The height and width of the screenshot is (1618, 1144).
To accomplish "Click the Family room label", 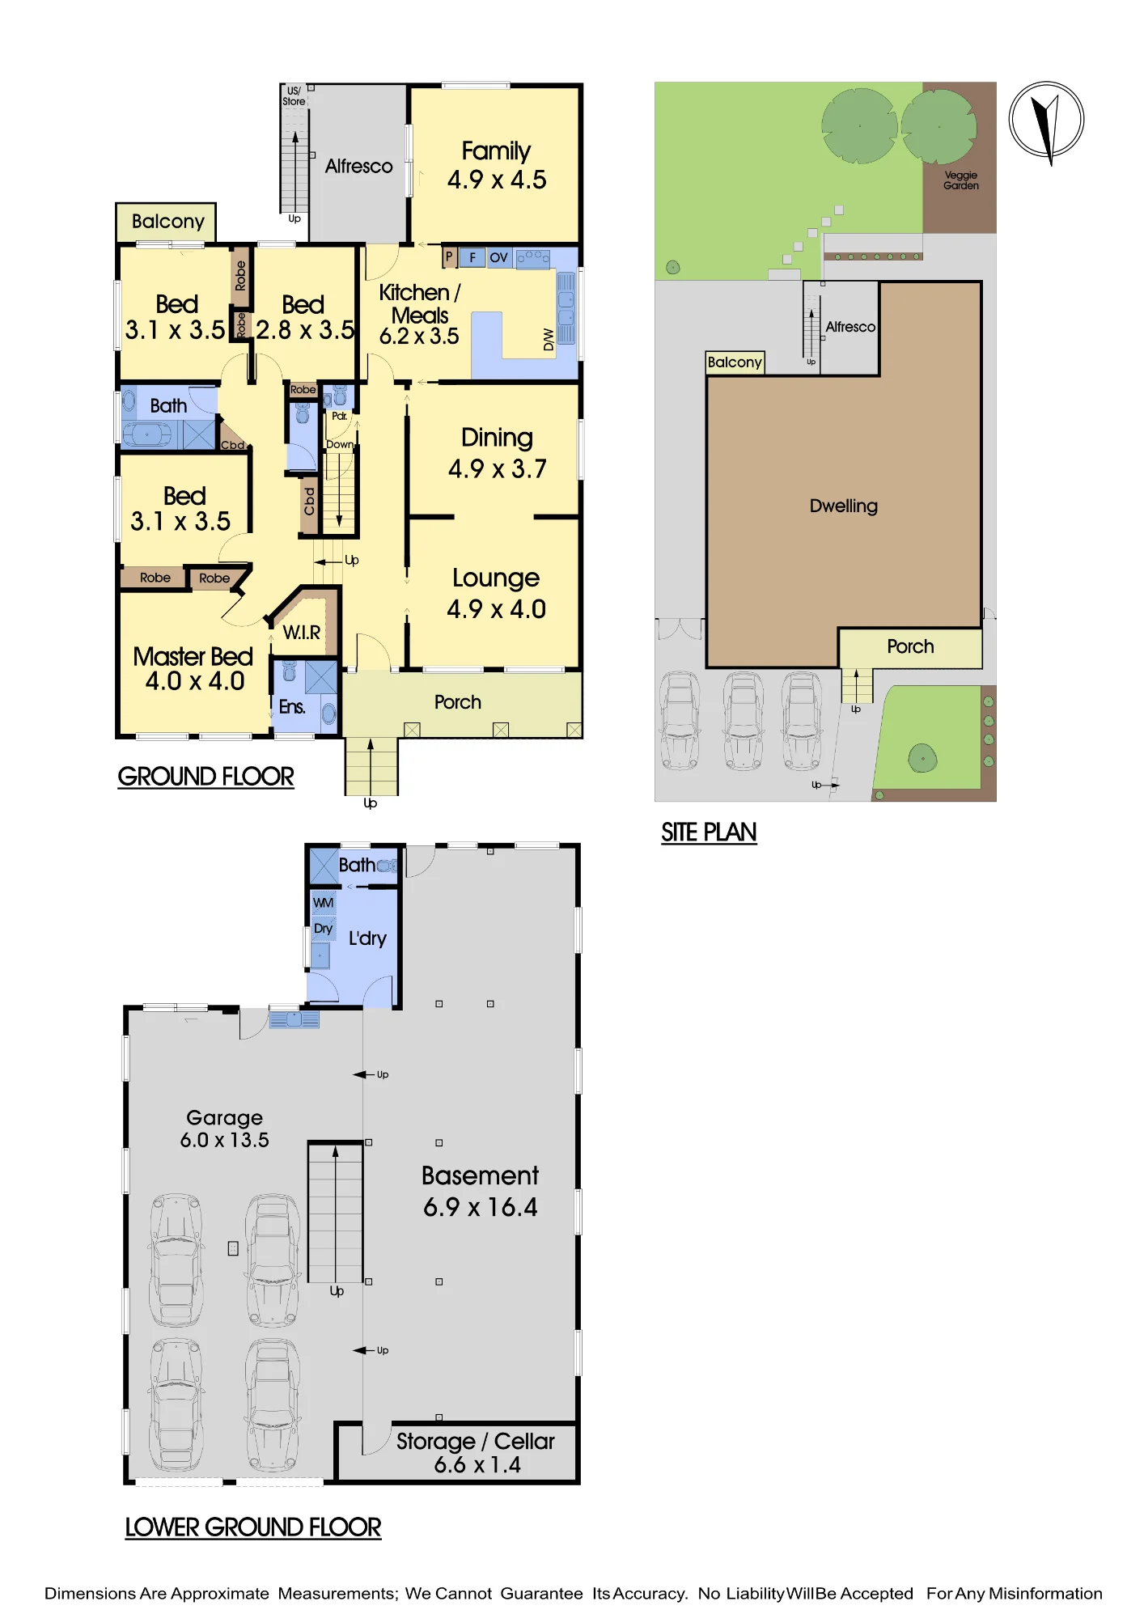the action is [x=496, y=151].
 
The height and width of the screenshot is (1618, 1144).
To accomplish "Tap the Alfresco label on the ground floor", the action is [x=358, y=166].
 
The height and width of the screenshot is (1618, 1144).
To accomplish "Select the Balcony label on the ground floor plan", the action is [x=167, y=222].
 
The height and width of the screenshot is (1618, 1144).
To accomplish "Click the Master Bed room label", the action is [x=193, y=656].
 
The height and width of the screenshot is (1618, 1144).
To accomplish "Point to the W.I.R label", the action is [x=302, y=633].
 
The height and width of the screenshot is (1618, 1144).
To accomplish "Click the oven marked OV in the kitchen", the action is [x=498, y=257].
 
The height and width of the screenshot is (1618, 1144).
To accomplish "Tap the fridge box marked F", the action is [x=472, y=257].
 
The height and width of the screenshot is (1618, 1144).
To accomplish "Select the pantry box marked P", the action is [x=449, y=256].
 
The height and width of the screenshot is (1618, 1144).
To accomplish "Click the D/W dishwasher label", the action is [x=549, y=340].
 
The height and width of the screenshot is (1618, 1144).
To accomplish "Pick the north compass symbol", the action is [x=1046, y=121].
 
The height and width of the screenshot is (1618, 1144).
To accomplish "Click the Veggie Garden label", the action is [x=961, y=180].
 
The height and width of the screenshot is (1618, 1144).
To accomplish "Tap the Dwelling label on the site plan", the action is [x=844, y=506].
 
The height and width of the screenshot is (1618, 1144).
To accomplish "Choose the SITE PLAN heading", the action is [x=709, y=832].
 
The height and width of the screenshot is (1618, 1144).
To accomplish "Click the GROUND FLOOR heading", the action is [x=205, y=777].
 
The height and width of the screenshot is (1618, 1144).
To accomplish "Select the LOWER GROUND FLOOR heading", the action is [x=252, y=1527].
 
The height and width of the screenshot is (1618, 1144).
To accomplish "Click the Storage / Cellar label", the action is [x=475, y=1442].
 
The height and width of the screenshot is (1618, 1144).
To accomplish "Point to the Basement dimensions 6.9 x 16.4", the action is [x=481, y=1207].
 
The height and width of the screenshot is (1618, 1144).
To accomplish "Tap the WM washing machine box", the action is [x=324, y=903].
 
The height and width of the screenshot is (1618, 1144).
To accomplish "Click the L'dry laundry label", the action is [x=367, y=938].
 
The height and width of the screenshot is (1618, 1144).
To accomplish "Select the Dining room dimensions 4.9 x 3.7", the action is [x=498, y=468].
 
